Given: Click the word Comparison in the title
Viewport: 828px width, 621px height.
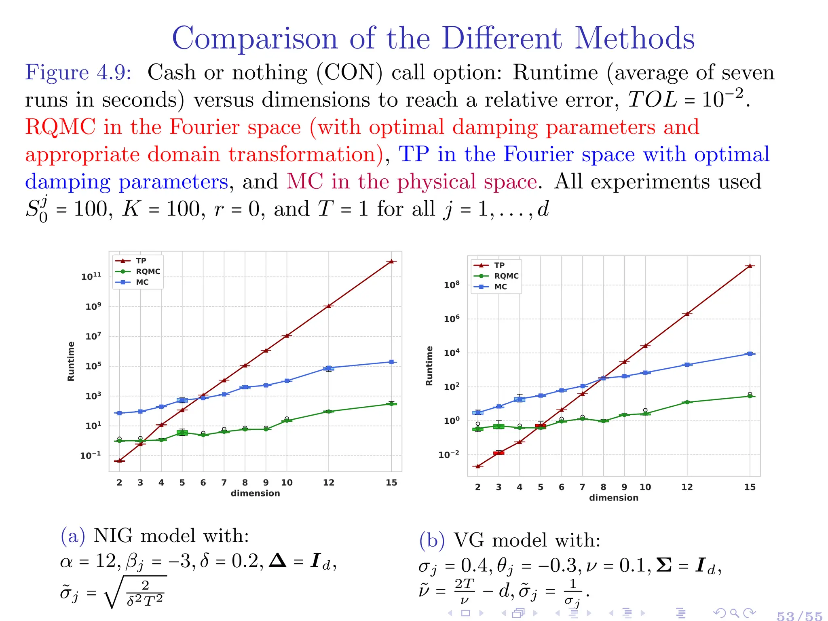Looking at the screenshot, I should point(255,38).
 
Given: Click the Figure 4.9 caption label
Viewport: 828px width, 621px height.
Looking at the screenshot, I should point(78,73).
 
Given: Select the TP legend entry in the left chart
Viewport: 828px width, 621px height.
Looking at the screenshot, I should point(140,261).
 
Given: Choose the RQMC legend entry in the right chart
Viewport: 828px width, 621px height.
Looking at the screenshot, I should point(506,276).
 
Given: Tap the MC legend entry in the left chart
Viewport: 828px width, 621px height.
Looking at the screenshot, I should point(142,282).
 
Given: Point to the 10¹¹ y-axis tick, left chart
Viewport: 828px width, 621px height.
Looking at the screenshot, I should point(91,277).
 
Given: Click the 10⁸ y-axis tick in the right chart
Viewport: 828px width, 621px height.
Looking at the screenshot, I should point(452,285).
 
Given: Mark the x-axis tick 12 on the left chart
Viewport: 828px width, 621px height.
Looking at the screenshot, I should point(328,482).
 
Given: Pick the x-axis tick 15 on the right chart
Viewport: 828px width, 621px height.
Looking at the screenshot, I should point(750,487).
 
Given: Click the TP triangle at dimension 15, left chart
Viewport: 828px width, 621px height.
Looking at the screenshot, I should point(391,262).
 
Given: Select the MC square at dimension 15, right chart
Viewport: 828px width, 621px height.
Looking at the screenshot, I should point(750,354).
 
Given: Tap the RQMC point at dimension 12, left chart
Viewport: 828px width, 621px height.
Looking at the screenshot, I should point(328,412).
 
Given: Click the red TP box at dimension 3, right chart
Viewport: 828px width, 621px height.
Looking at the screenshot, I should point(498,453).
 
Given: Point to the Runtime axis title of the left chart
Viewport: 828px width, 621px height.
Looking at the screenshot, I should point(71,361).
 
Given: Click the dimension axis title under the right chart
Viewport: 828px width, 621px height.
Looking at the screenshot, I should point(613,498).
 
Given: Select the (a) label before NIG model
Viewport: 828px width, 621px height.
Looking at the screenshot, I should point(73,536).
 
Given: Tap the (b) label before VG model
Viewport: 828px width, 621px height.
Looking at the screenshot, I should point(431,540).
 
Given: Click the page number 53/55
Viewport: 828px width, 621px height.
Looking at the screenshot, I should point(799,615).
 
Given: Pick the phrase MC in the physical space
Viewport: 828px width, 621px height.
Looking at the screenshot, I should point(412,182).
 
